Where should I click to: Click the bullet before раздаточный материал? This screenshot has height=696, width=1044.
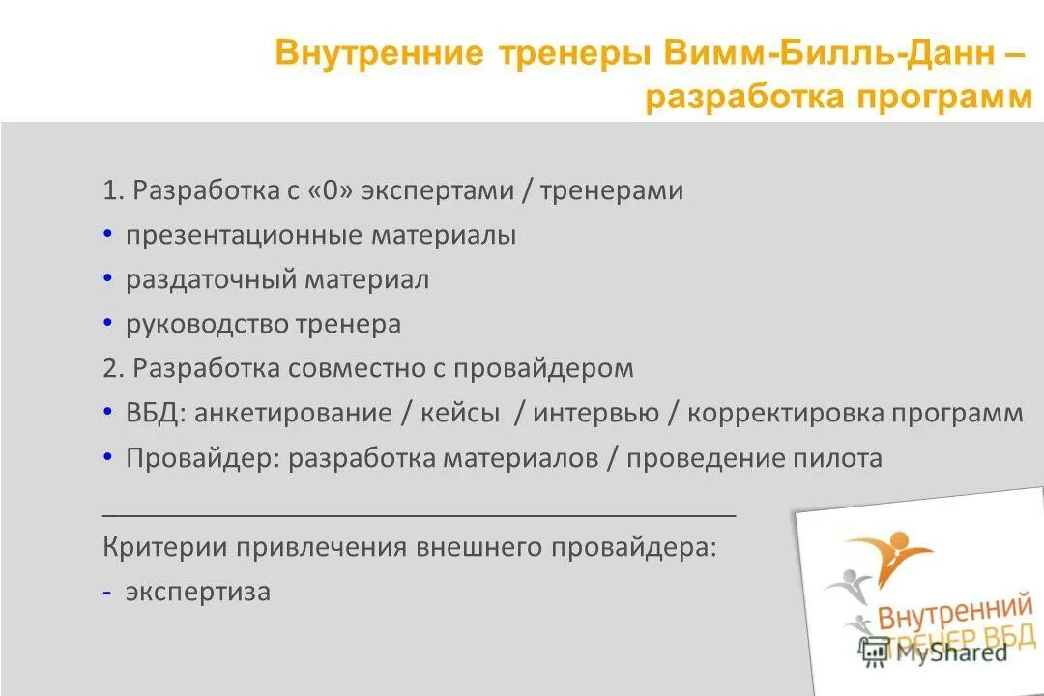[108, 278]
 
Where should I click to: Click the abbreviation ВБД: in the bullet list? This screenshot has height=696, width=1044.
[156, 413]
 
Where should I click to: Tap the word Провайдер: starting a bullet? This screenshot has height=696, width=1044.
[203, 457]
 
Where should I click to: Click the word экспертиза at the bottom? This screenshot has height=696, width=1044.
[198, 592]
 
